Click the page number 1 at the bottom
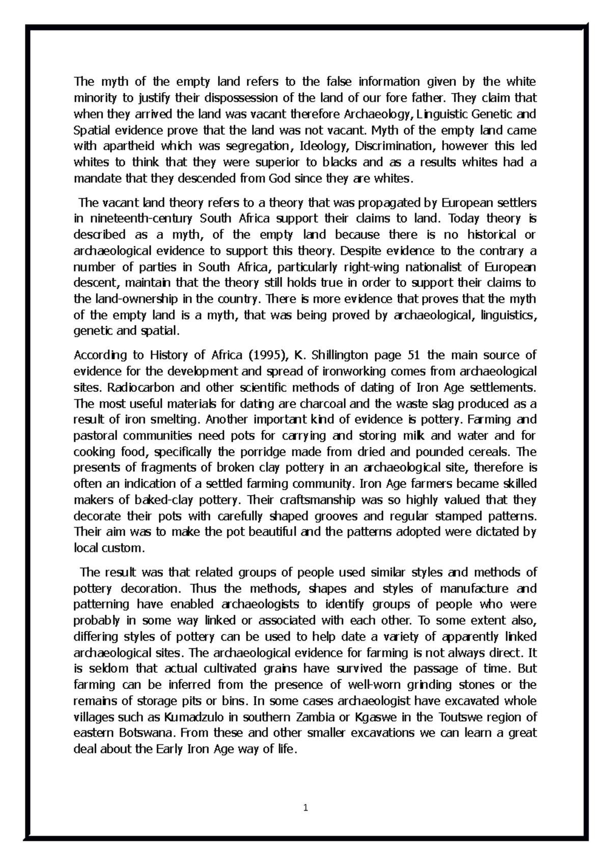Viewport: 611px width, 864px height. click(305, 808)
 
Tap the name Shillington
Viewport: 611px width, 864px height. click(340, 355)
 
